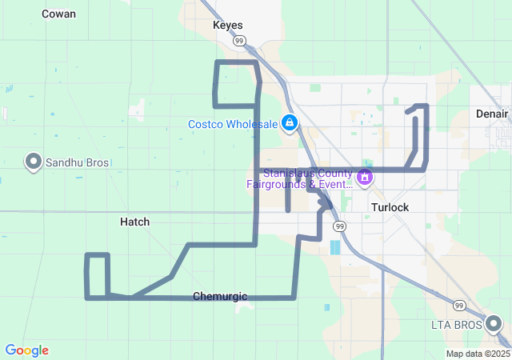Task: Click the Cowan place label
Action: [x=58, y=14]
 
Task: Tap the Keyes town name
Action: [x=227, y=25]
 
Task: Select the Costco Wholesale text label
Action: [x=232, y=124]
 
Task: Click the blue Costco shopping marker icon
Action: [x=290, y=124]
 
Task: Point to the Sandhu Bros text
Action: [x=77, y=162]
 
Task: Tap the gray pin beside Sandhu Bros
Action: [x=34, y=162]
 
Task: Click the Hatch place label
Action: [x=134, y=222]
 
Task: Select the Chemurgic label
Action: [x=220, y=297]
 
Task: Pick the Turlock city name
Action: [x=390, y=207]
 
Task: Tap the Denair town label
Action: [x=491, y=114]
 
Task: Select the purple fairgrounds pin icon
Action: [x=365, y=177]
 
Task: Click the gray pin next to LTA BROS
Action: [x=494, y=324]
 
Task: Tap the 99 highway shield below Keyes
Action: [x=239, y=40]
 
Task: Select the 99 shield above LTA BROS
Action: [x=458, y=306]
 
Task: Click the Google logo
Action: [x=26, y=350]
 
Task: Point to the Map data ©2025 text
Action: [x=477, y=354]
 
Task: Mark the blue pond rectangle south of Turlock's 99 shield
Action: [x=334, y=247]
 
